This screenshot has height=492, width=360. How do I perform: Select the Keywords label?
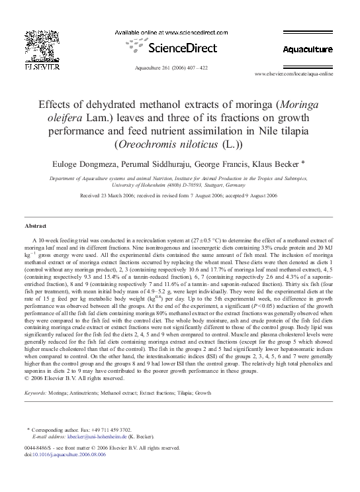35,393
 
